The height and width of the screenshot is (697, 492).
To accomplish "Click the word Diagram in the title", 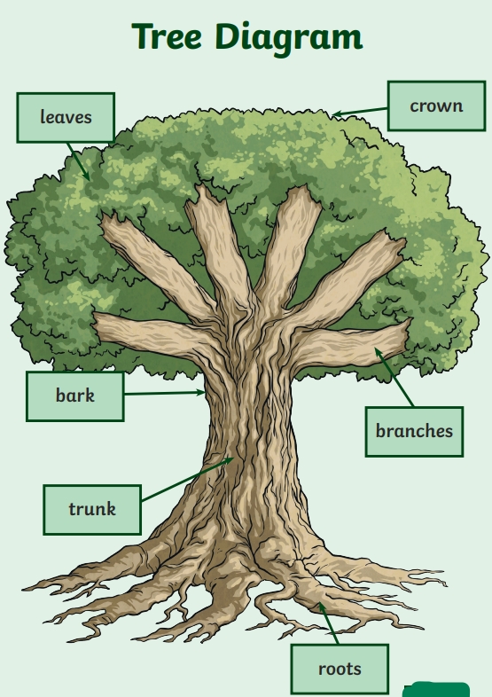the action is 289,39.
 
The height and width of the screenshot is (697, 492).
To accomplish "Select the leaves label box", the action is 66,118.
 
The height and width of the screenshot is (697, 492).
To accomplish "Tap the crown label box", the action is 436,106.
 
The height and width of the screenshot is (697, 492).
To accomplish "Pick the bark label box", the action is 75,396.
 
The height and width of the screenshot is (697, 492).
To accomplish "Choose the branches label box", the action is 414,432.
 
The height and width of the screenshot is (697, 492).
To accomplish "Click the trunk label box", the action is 92,510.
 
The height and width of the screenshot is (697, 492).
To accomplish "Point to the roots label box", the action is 340,669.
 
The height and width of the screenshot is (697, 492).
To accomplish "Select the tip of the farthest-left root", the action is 22,589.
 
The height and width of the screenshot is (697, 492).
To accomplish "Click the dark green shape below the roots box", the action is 436,689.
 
